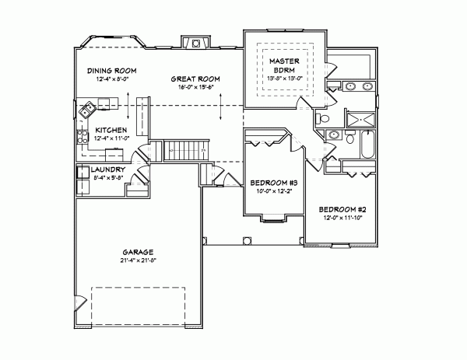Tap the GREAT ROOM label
(195, 79)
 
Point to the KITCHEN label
(111, 130)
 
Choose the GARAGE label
(137, 252)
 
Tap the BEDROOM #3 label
(274, 183)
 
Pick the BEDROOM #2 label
(342, 210)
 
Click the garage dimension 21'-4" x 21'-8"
(137, 260)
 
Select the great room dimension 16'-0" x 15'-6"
(195, 88)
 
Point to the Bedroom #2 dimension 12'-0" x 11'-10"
(342, 218)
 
